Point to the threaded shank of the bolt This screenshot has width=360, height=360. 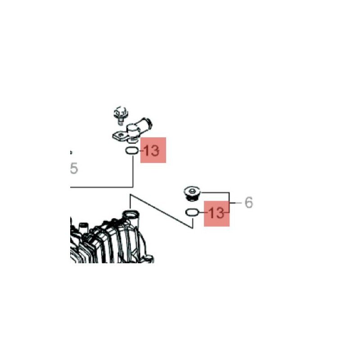121,121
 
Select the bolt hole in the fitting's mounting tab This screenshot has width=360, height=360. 119,135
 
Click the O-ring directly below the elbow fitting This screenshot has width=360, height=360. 132,151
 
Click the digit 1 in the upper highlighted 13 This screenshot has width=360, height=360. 146,151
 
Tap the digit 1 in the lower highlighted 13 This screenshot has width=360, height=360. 210,213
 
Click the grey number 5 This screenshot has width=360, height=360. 74,168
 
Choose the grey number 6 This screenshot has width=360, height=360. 249,203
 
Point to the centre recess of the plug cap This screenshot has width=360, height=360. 192,190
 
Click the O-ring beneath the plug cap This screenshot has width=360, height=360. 192,212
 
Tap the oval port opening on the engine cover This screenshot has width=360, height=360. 131,214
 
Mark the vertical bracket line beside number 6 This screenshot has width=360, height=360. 229,202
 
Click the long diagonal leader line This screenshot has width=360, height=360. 161,211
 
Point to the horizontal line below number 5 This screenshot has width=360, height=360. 102,187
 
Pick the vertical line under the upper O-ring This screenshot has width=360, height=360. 133,171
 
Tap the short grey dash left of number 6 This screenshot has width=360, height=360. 238,203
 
